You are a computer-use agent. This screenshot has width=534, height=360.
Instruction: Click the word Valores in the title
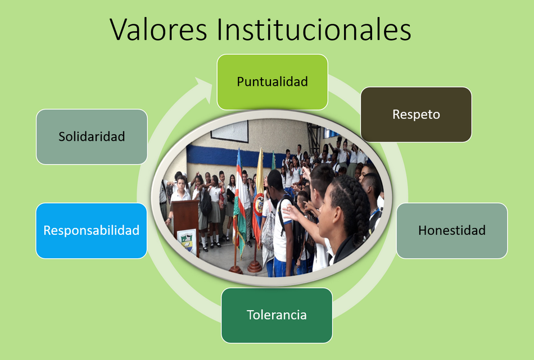[x=159, y=29]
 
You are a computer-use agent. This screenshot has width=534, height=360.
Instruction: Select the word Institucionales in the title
[x=314, y=29]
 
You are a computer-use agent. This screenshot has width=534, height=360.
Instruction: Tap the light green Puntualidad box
[x=273, y=82]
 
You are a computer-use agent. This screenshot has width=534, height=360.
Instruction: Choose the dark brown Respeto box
[x=416, y=115]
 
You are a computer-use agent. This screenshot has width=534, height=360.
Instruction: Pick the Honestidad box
[x=452, y=231]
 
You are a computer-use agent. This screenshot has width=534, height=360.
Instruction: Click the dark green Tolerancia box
[x=277, y=316]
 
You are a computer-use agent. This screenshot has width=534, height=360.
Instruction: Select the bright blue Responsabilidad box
[x=91, y=231]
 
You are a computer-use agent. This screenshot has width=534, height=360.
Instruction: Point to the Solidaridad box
[x=92, y=137]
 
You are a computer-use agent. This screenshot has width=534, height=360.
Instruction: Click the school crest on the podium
[x=187, y=241]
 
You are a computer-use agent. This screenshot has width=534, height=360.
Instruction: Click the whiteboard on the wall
[x=230, y=131]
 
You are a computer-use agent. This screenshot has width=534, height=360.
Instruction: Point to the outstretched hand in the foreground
[x=291, y=213]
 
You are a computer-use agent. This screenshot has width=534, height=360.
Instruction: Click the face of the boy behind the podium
[x=181, y=185]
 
